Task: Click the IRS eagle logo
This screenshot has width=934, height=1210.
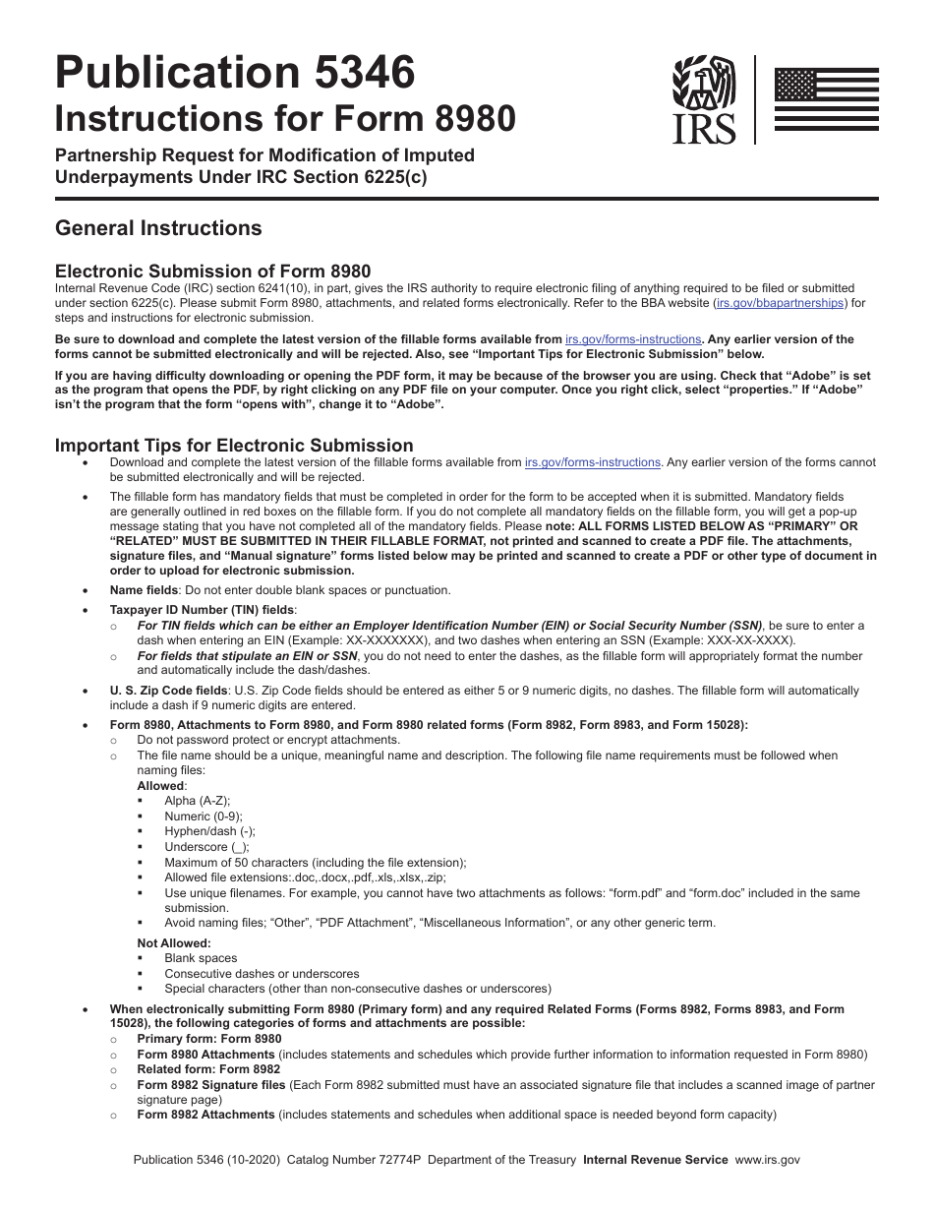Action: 703,98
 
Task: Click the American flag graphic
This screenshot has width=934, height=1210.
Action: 826,98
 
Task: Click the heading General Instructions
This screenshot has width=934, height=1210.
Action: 158,228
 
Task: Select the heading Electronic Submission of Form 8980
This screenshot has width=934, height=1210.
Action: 212,272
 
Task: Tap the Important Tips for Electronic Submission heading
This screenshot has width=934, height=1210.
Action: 234,446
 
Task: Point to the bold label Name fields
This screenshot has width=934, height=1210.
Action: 144,590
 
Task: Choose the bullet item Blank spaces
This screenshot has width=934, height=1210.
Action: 201,958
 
